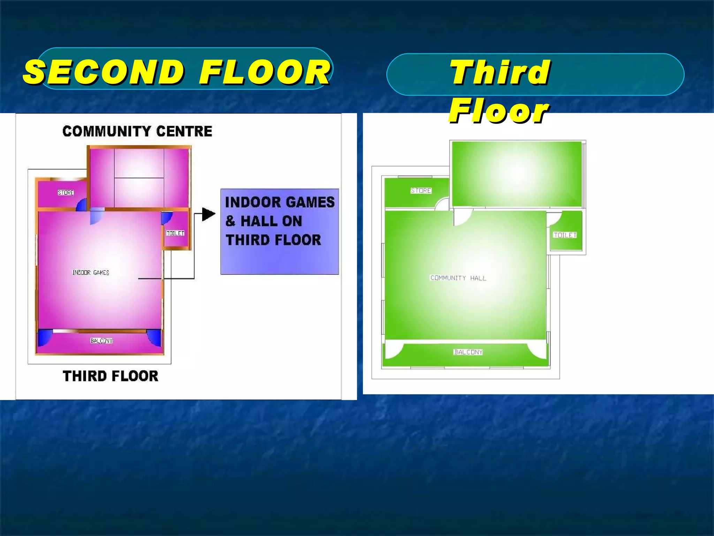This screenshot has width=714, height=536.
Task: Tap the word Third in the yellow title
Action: point(500,72)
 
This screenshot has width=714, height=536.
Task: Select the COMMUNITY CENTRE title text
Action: point(137,131)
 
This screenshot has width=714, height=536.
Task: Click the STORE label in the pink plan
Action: point(66,193)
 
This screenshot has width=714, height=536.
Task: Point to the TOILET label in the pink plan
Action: point(175,233)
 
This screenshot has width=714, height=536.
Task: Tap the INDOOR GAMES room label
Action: point(91,273)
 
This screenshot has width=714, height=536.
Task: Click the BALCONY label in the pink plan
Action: point(101,341)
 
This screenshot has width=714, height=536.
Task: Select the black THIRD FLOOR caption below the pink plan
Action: point(111,376)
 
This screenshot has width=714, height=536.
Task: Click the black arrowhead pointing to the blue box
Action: point(208,214)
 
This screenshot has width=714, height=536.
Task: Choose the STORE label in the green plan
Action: point(421,191)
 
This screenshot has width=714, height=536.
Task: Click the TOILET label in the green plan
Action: point(565,235)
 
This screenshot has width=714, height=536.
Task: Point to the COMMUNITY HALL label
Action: point(458,278)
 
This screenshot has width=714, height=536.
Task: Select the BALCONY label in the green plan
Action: point(468,352)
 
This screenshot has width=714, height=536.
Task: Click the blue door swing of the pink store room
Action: point(82,205)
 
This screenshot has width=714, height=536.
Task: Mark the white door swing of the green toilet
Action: point(553,219)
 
